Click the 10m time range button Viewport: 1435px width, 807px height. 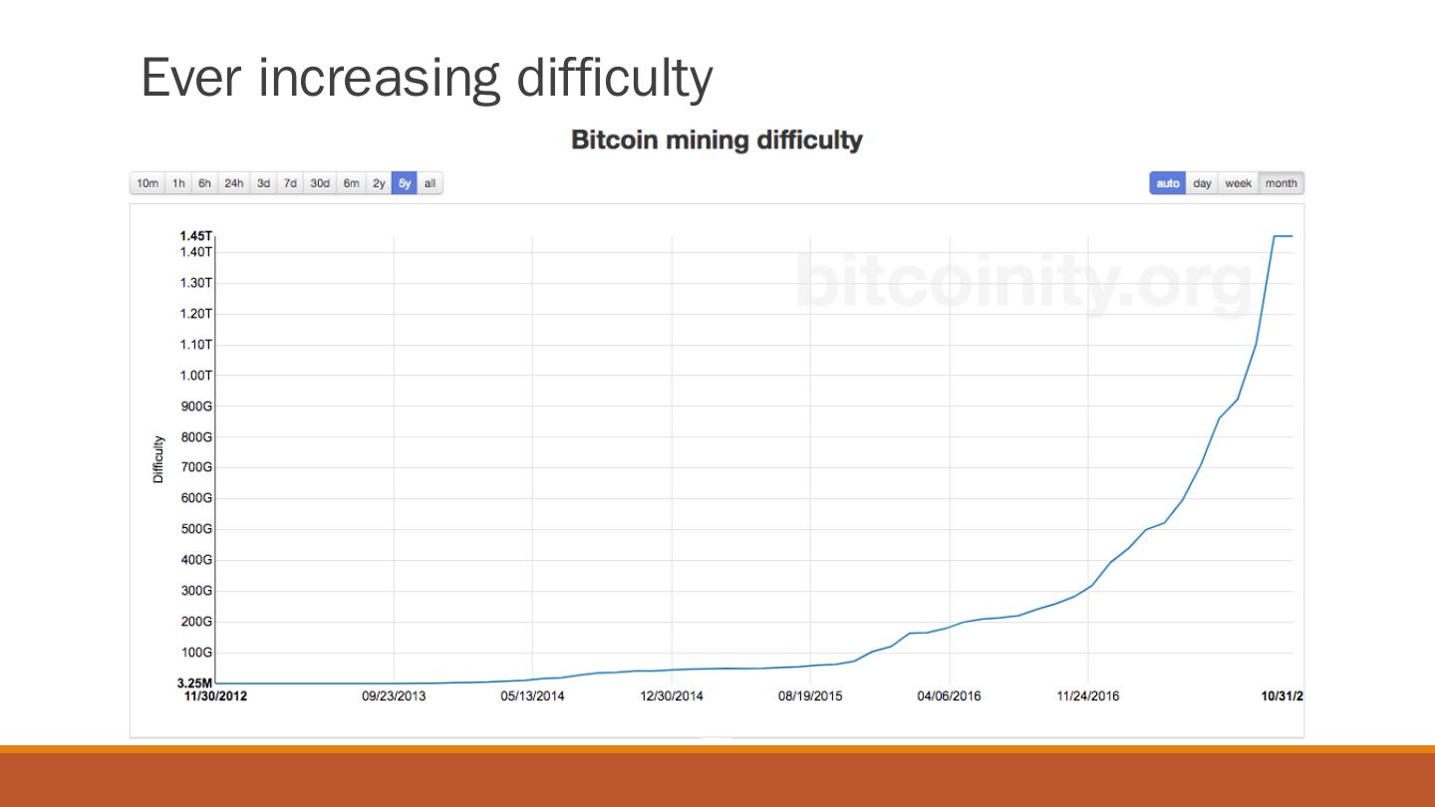coord(147,183)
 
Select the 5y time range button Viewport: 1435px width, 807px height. coord(405,183)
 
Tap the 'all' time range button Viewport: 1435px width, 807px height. coord(430,183)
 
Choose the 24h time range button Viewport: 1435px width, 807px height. coord(234,183)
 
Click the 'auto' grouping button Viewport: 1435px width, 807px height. coord(1168,183)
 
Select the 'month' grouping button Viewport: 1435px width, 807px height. coord(1281,183)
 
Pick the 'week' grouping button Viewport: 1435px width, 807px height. coord(1238,183)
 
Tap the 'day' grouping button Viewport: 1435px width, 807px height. coord(1203,183)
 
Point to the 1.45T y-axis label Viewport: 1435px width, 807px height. coord(195,236)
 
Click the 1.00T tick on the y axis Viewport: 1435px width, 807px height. coord(195,376)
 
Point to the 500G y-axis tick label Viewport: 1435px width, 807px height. coord(196,529)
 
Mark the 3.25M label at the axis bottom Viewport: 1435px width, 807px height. coord(194,683)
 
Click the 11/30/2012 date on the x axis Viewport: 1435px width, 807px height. coord(216,696)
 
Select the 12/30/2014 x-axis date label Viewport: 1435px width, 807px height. coord(671,696)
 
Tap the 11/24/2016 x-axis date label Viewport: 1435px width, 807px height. coord(1087,696)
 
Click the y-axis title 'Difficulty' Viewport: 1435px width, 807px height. coord(158,459)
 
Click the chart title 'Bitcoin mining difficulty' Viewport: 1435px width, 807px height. coord(717,140)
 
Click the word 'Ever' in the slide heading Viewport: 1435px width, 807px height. coord(192,78)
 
